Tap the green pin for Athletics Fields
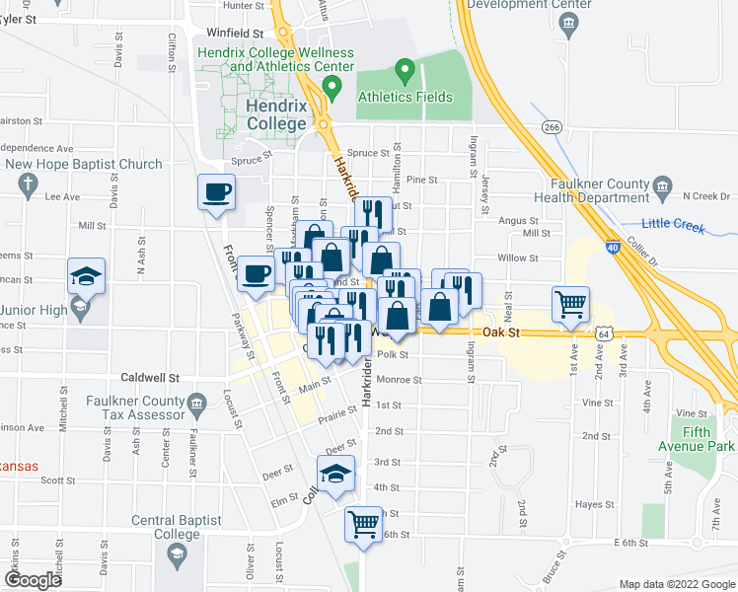403,71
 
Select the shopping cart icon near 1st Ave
570,306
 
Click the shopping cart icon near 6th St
363,524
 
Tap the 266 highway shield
552,127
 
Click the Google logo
33,580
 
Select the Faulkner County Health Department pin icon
662,185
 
